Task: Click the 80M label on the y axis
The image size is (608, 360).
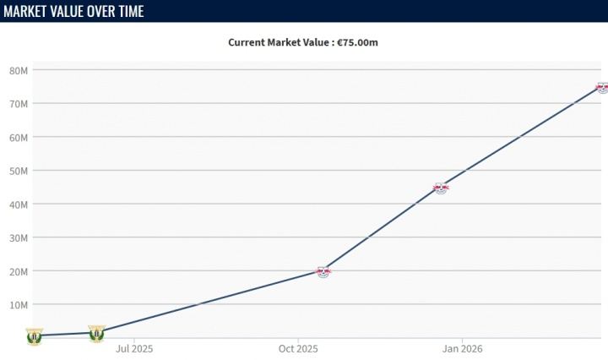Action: (19, 71)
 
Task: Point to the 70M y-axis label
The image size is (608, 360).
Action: (19, 104)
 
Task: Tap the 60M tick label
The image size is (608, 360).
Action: (19, 138)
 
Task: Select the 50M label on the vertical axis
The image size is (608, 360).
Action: (19, 171)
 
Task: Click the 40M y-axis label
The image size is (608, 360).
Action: (19, 205)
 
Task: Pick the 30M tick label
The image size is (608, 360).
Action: (19, 238)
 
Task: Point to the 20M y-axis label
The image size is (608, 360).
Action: (19, 272)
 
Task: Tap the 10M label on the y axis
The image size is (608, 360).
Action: (19, 305)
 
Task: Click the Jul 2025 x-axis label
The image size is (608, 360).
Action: (134, 349)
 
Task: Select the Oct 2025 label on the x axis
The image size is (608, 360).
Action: (298, 349)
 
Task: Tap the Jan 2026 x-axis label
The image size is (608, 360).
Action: (462, 349)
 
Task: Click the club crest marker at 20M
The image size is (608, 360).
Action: (323, 272)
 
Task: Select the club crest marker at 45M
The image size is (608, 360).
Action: (441, 188)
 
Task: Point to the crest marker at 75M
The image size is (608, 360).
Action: (603, 88)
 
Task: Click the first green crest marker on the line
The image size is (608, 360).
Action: (35, 336)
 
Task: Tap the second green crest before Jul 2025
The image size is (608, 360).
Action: (96, 333)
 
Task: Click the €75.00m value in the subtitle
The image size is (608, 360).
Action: (357, 42)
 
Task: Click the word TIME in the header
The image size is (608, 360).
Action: (131, 11)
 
